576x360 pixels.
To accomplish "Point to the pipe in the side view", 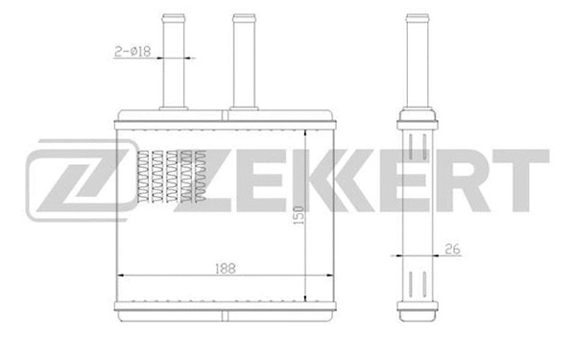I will (x=416, y=58).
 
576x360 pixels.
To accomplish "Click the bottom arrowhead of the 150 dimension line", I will (x=305, y=299).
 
